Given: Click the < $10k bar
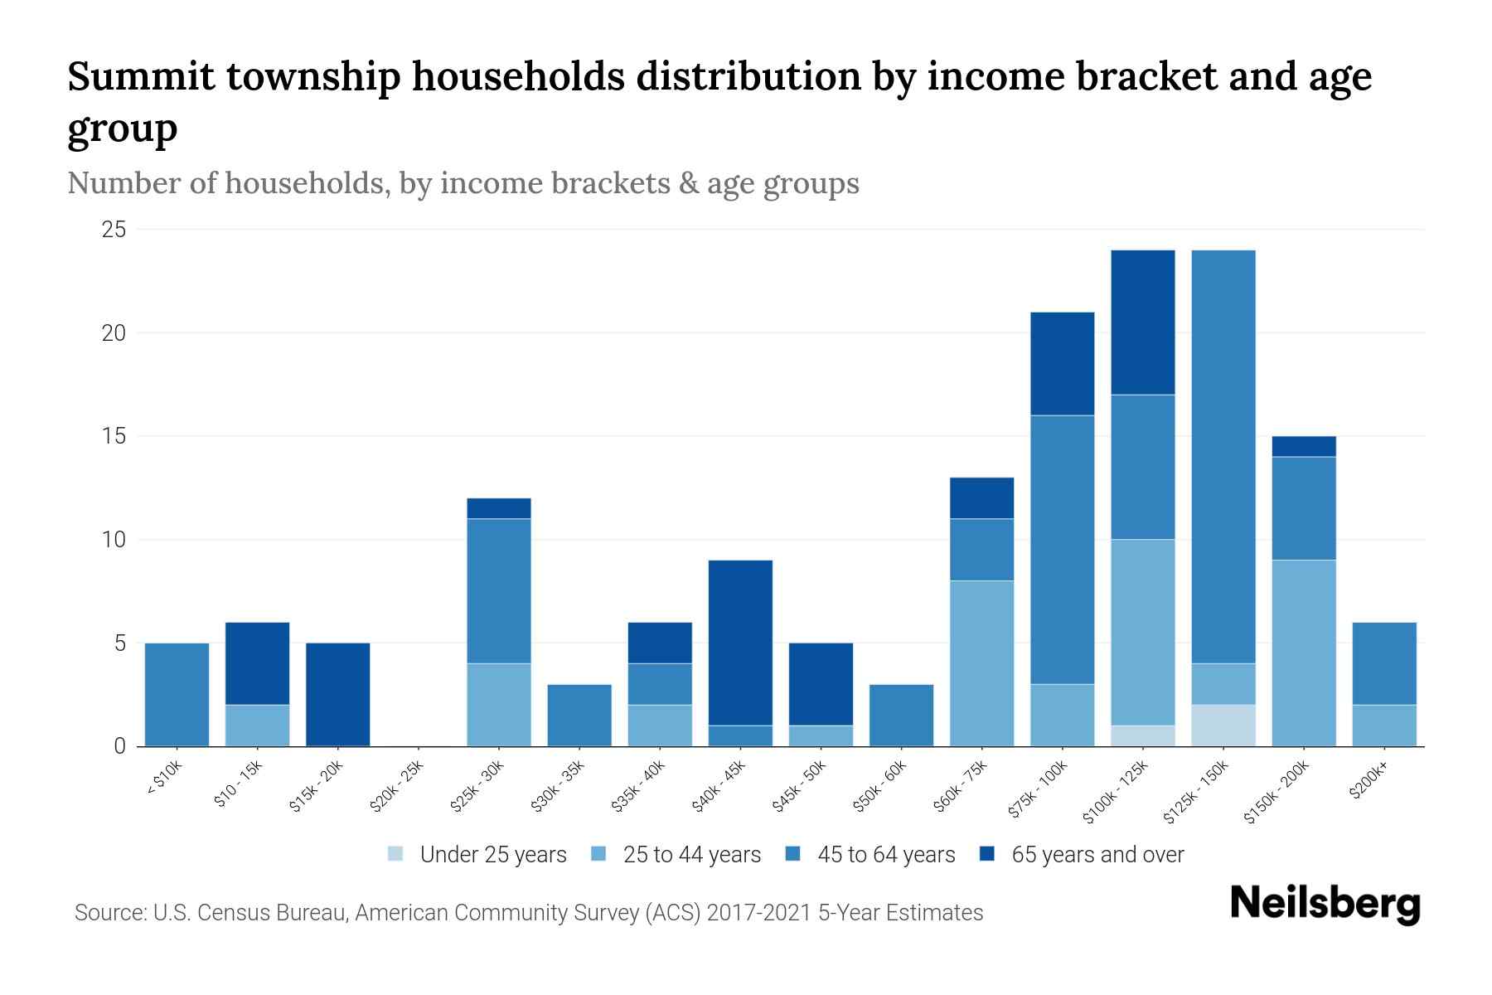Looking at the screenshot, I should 177,695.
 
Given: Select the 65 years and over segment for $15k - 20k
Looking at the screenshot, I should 338,695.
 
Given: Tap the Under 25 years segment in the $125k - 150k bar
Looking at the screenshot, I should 1223,726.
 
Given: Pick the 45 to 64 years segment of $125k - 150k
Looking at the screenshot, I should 1223,456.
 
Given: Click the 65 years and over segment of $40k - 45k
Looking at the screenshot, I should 741,643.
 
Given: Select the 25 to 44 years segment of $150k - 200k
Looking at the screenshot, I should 1304,653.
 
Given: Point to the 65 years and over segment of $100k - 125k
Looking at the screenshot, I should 1143,323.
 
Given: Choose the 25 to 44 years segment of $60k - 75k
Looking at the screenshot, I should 982,663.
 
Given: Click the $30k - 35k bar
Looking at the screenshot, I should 579,715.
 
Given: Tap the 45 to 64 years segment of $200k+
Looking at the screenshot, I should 1384,663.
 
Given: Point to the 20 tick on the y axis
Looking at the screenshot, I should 114,333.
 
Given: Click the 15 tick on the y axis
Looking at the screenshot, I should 114,436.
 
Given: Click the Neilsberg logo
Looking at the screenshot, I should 1325,904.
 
